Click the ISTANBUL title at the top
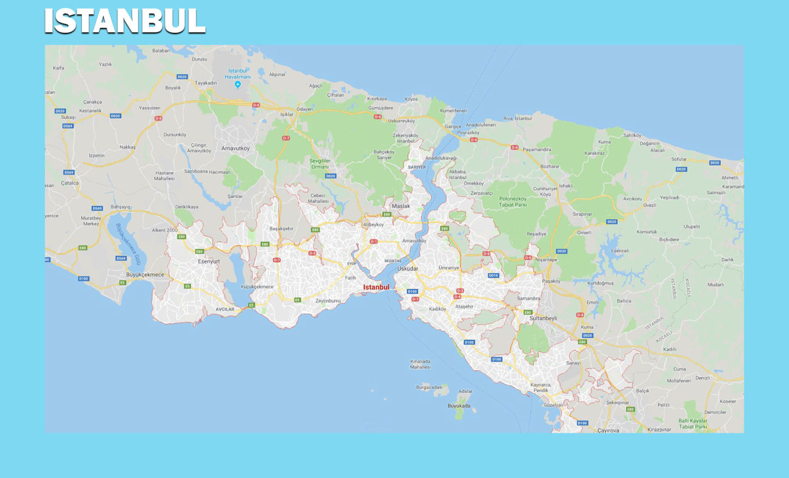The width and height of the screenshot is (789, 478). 125,21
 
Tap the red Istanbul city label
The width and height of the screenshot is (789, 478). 376,288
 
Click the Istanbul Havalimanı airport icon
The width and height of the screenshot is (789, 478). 237,84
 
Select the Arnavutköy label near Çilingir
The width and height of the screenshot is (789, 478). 235,148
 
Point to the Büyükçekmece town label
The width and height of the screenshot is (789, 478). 145,275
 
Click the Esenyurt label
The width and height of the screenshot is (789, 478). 209,261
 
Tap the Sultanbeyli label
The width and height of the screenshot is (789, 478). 543,318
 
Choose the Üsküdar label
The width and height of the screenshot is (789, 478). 407,269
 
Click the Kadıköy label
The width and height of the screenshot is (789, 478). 437,309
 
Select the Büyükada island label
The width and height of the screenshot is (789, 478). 459,406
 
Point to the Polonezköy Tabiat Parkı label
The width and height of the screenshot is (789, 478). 513,202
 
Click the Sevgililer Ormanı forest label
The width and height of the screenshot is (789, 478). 320,164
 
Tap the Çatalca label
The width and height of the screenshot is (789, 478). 70,183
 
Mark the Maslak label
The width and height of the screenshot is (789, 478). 401,206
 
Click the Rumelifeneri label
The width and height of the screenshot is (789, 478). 453,111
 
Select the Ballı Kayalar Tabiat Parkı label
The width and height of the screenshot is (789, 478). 693,424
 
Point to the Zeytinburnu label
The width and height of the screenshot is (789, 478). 328,301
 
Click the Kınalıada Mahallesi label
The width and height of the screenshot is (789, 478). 420,364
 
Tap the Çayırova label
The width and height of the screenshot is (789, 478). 608,430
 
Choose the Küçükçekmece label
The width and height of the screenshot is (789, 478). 257,287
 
